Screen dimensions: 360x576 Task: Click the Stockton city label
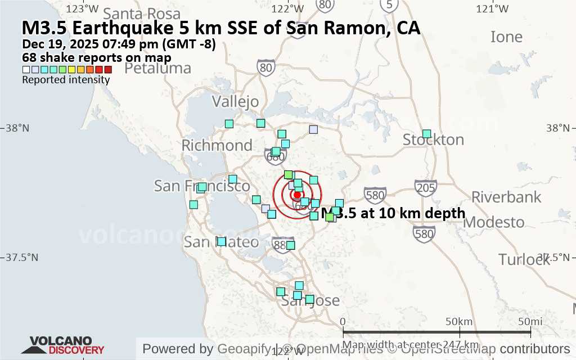(x=433, y=139)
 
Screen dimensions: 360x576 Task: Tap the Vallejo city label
(x=235, y=101)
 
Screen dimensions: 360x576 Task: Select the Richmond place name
(x=217, y=145)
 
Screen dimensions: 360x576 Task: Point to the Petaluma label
(x=157, y=68)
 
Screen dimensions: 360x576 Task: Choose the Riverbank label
(x=506, y=197)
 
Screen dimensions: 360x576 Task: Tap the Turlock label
(x=523, y=259)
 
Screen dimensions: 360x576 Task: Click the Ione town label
(x=506, y=37)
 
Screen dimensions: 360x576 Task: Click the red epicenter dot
(x=298, y=195)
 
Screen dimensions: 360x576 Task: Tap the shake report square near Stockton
(x=426, y=133)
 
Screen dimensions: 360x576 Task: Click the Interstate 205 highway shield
(x=425, y=187)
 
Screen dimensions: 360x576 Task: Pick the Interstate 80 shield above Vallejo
(x=266, y=68)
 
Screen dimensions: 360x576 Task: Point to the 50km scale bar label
(x=458, y=322)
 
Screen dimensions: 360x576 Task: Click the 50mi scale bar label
(x=530, y=322)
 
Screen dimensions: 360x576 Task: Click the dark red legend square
(x=108, y=70)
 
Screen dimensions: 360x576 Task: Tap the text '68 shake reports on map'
(x=97, y=57)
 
